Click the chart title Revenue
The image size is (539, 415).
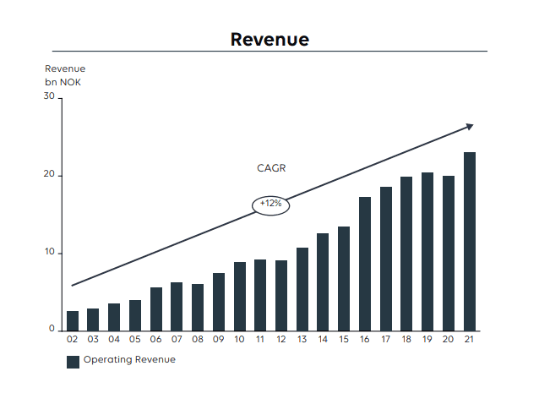pos(269,40)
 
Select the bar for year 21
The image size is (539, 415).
pos(470,242)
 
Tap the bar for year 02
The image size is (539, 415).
pos(73,321)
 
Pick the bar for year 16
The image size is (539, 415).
pos(365,264)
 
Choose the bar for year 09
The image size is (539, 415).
pos(219,303)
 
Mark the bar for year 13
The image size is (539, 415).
pos(302,290)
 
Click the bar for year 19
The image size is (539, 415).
pos(427,252)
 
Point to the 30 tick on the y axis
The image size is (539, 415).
pos(49,96)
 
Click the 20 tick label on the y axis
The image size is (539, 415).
pos(49,174)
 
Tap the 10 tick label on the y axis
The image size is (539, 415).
pos(50,252)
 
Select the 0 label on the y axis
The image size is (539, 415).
pos(52,328)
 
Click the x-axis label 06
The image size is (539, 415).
pos(155,340)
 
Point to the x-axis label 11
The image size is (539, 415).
pos(260,340)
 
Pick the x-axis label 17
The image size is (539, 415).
pos(386,340)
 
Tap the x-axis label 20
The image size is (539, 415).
pos(449,340)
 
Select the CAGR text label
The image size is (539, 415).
pos(271,168)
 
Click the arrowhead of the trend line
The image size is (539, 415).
pos(470,126)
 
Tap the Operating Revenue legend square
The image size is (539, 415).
pos(73,362)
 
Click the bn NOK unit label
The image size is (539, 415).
pos(63,82)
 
